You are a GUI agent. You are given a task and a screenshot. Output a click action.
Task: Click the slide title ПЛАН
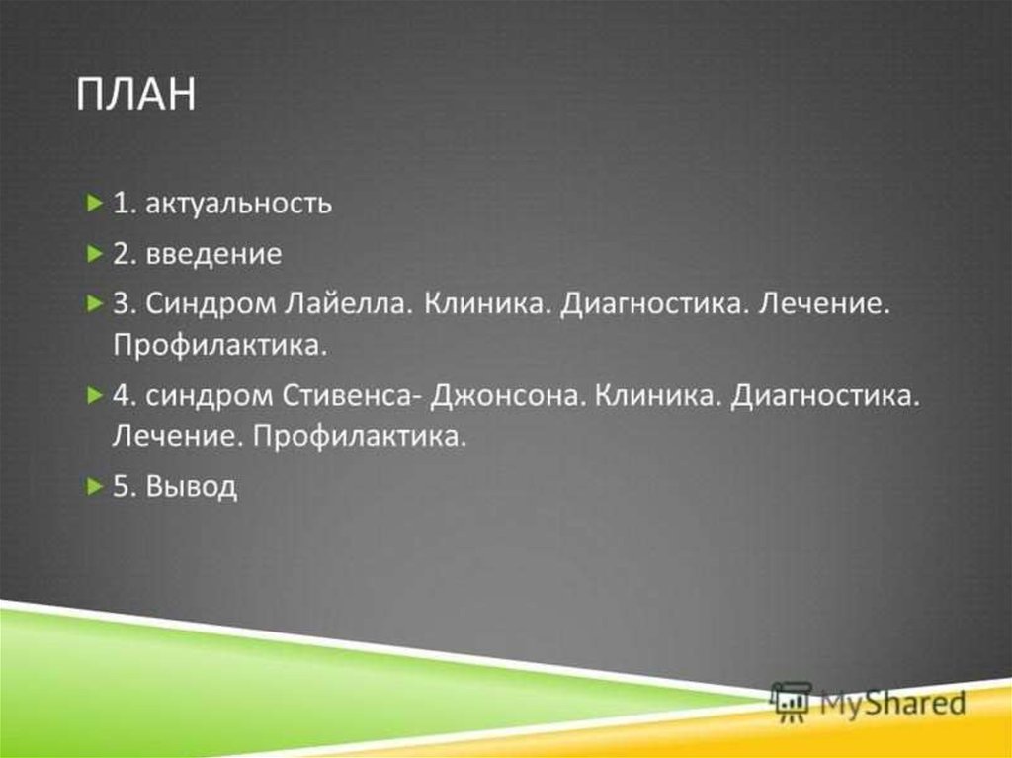click(135, 94)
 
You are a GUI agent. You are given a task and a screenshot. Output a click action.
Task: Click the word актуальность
click(239, 204)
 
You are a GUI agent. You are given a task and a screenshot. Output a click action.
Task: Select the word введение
click(214, 254)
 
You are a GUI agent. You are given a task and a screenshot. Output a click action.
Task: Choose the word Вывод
click(192, 487)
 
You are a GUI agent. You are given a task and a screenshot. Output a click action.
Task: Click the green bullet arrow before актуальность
click(95, 204)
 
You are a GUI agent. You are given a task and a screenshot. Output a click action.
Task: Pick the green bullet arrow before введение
click(95, 254)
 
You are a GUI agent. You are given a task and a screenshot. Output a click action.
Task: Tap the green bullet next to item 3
click(95, 302)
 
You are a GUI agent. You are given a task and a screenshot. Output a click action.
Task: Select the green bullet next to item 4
click(95, 395)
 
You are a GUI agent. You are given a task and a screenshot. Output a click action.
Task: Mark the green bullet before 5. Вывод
click(95, 485)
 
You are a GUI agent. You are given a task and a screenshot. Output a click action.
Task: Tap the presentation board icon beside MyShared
click(792, 702)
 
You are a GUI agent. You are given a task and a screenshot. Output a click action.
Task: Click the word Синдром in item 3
click(211, 304)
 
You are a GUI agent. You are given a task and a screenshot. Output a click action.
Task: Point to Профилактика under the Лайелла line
click(220, 346)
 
